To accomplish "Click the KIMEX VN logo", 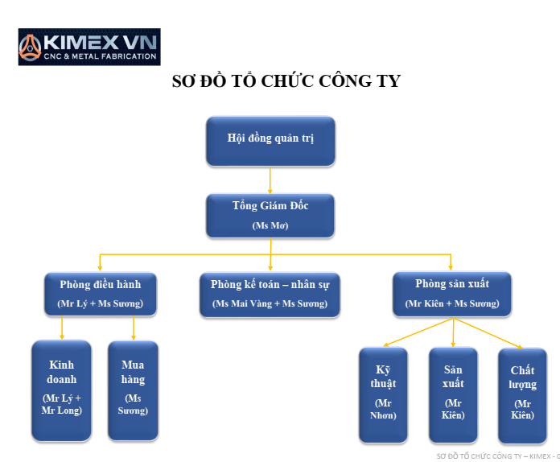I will click(x=89, y=47).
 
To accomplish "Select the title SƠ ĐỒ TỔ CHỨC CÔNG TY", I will click(x=286, y=81).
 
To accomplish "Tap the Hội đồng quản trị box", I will click(x=270, y=141).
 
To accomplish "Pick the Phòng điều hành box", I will click(x=101, y=293).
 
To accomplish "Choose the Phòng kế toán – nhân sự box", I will click(x=270, y=293).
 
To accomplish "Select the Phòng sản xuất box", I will click(x=451, y=293).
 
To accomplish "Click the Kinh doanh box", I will click(x=62, y=390).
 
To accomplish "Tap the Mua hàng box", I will click(x=133, y=390).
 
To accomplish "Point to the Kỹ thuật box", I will click(x=383, y=394).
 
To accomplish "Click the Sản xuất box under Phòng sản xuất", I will click(x=453, y=394).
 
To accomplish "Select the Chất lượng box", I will click(x=522, y=394).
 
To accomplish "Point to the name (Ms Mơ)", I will click(x=270, y=225).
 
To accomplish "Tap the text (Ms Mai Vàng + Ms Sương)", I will click(x=270, y=303).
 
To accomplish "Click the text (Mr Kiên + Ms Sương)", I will click(x=451, y=303).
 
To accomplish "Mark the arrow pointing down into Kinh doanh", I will click(x=62, y=328).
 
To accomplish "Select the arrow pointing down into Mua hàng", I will click(x=133, y=328).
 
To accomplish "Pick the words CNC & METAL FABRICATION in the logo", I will click(x=101, y=56).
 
